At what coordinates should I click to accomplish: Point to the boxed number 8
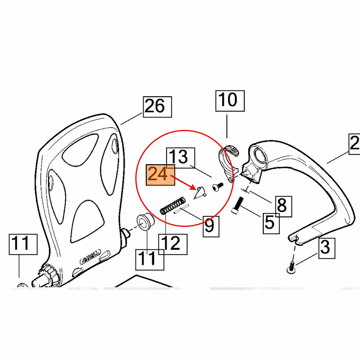pyautogui.click(x=282, y=206)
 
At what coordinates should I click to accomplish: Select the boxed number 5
pyautogui.click(x=270, y=221)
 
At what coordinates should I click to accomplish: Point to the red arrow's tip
pyautogui.click(x=195, y=188)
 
